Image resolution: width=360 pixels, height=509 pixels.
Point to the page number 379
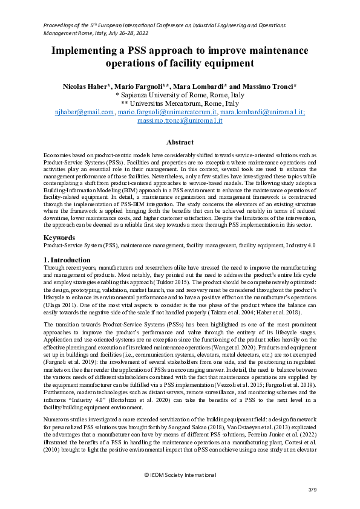pyautogui.click(x=312, y=489)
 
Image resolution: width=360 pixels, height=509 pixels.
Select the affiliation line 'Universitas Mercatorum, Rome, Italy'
pyautogui.click(x=180, y=103)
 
